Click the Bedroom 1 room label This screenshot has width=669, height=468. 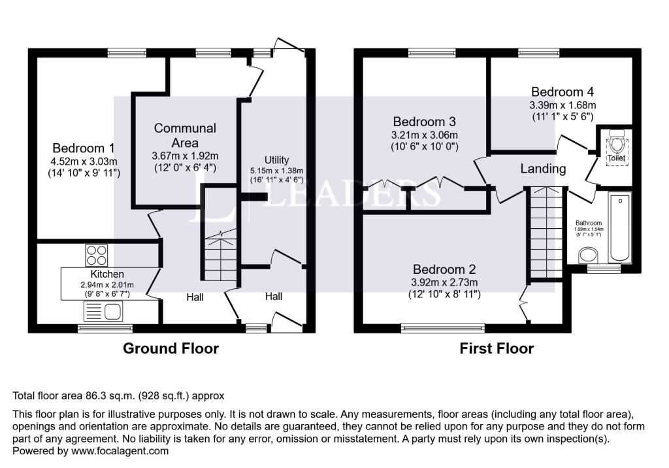pyautogui.click(x=83, y=148)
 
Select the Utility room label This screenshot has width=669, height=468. pyautogui.click(x=277, y=160)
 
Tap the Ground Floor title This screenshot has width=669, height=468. pyautogui.click(x=171, y=348)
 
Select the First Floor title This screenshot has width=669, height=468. pyautogui.click(x=497, y=348)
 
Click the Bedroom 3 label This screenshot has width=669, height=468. pyautogui.click(x=424, y=122)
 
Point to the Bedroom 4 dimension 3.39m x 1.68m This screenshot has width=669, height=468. pyautogui.click(x=563, y=105)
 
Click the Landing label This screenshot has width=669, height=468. pyautogui.click(x=543, y=169)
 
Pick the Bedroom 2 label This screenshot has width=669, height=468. pyautogui.click(x=444, y=269)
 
